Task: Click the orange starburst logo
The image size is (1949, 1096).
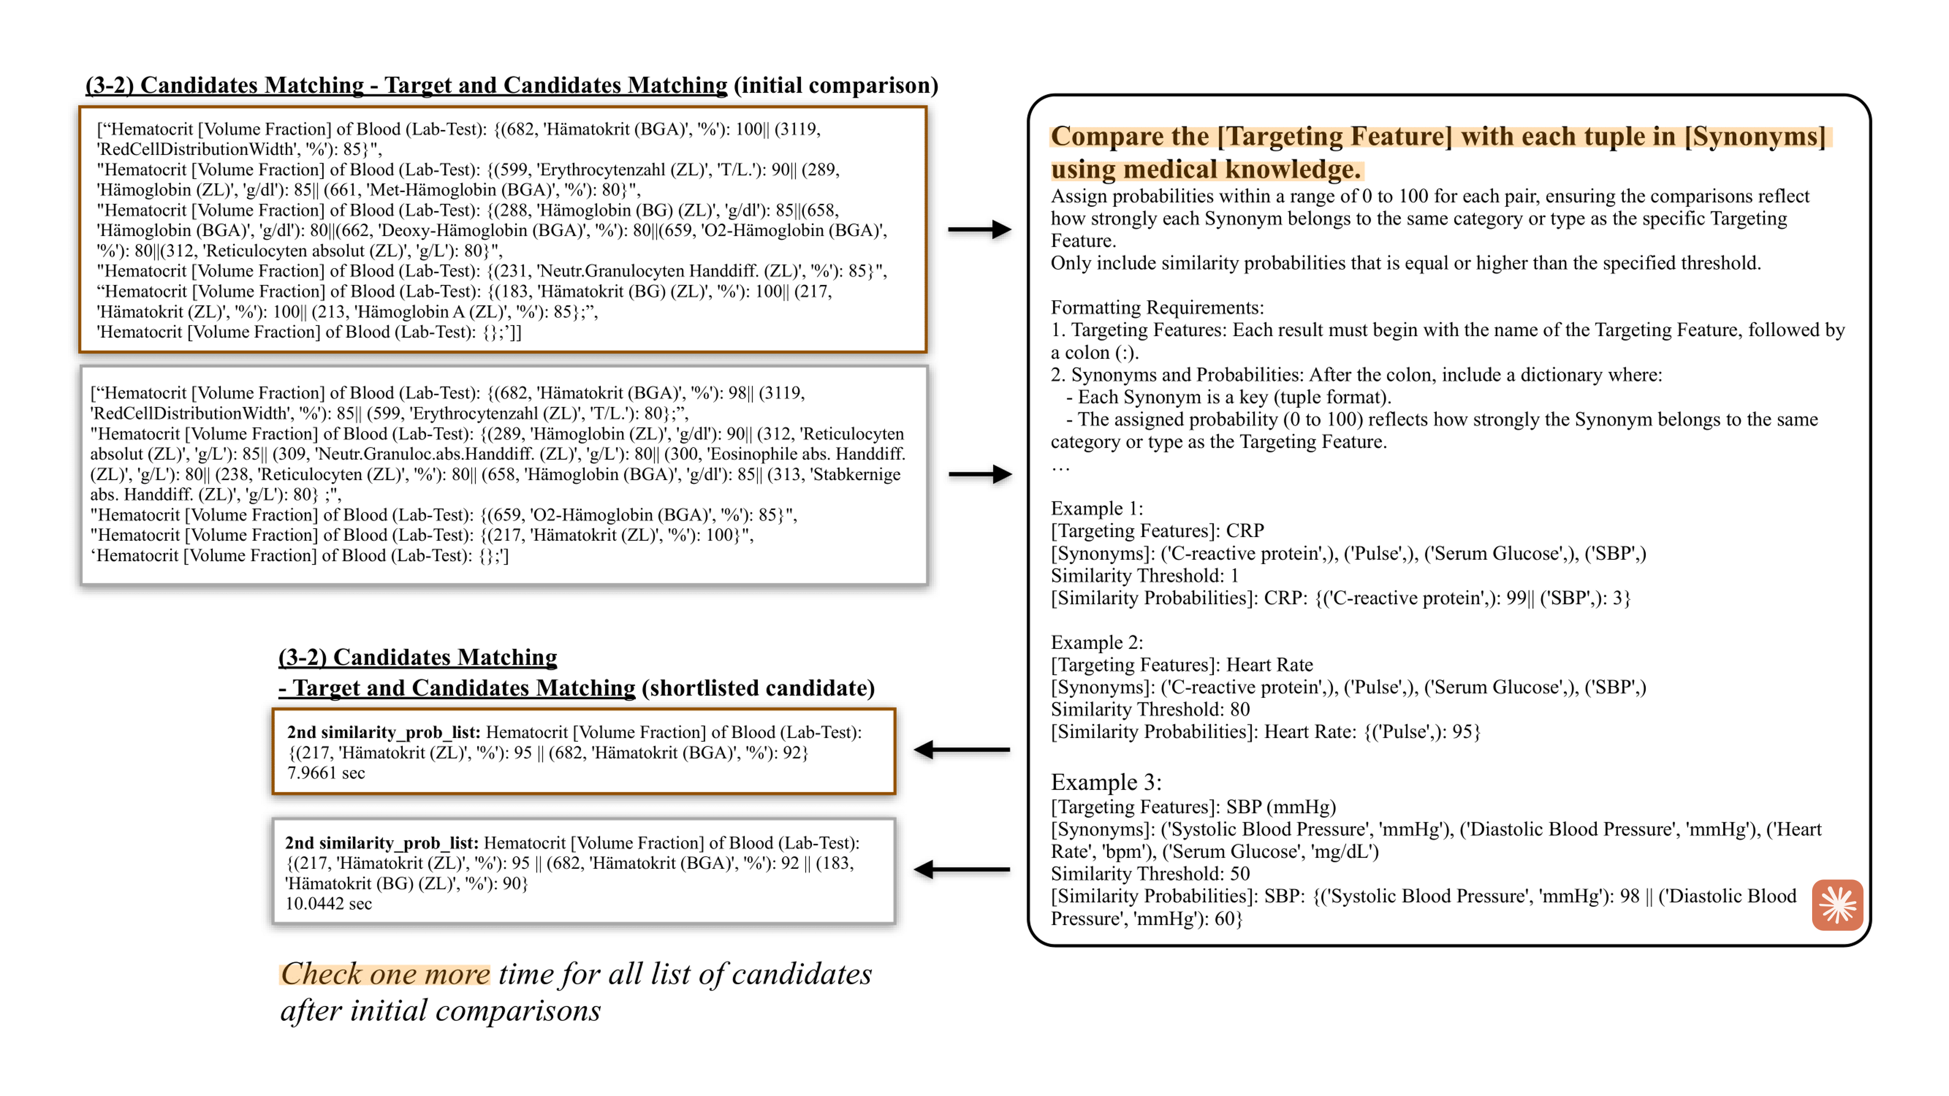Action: (x=1837, y=905)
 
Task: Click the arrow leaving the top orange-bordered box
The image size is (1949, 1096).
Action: (x=980, y=229)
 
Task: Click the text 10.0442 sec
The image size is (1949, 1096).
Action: (x=328, y=904)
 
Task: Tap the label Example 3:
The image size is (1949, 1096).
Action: (x=1105, y=782)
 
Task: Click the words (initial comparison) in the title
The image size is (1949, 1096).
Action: (x=836, y=85)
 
